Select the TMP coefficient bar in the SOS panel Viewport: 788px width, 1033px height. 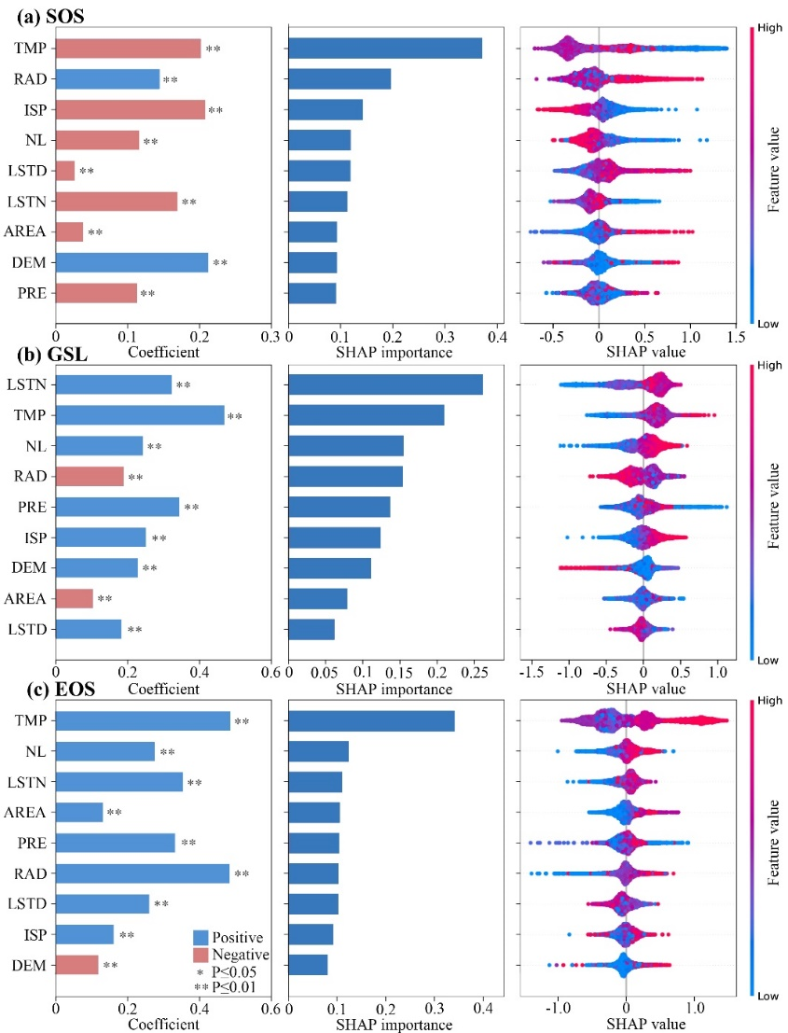click(x=128, y=49)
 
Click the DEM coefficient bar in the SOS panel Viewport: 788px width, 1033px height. click(x=131, y=262)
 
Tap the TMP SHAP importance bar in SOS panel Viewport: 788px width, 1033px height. click(x=385, y=49)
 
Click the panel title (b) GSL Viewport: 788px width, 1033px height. click(x=44, y=354)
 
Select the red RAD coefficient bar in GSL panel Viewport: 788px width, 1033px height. click(x=90, y=476)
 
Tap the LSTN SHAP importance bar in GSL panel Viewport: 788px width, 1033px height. click(x=385, y=384)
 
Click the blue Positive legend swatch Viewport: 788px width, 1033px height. click(x=201, y=937)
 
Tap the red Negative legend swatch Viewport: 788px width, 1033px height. click(x=201, y=955)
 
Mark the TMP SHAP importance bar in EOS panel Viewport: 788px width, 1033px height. click(x=371, y=721)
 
